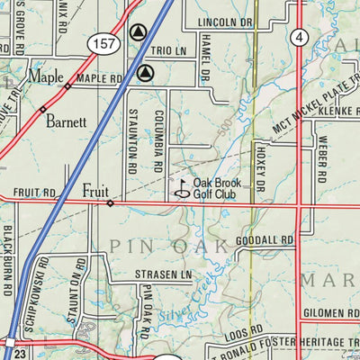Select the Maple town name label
pyautogui.click(x=45, y=76)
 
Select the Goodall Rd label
pyautogui.click(x=264, y=241)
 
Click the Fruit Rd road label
pyautogui.click(x=34, y=193)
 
